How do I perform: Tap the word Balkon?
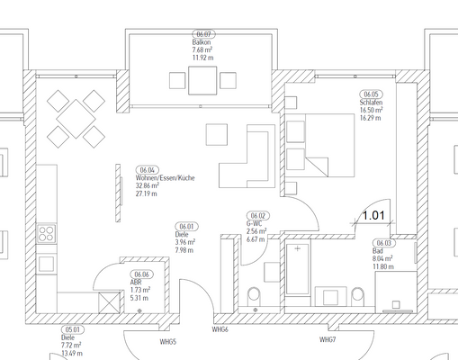[x=202, y=42]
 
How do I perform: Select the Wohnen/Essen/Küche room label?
[x=159, y=178]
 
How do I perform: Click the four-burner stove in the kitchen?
[x=47, y=236]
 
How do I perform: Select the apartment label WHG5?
[x=166, y=343]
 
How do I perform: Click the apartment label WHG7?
[x=328, y=339]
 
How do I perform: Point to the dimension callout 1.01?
[x=373, y=216]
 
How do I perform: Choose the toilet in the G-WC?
[x=256, y=292]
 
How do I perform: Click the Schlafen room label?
[x=371, y=103]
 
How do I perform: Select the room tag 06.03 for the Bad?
[x=384, y=243]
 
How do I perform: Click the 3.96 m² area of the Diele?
[x=186, y=242]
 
